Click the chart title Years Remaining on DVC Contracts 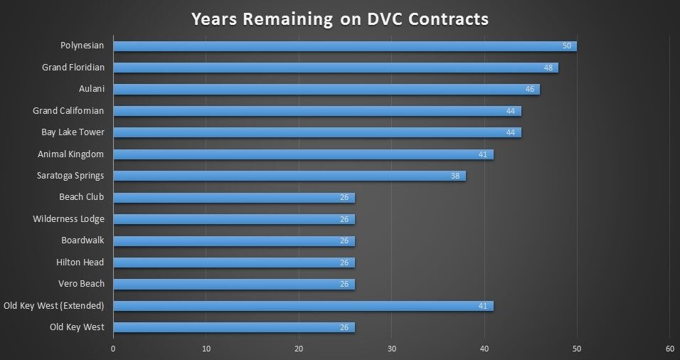click(339, 18)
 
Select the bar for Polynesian click(344, 46)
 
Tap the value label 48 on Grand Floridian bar click(548, 68)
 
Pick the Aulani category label click(91, 89)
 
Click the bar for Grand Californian click(317, 111)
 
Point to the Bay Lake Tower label click(73, 132)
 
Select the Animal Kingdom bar click(302, 154)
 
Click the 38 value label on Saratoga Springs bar click(455, 176)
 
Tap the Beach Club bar click(233, 198)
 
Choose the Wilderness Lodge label click(68, 219)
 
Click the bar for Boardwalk click(233, 240)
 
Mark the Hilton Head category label click(80, 263)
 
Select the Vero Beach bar click(233, 284)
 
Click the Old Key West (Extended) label click(53, 306)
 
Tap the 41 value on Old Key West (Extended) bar click(483, 306)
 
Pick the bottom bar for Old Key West click(233, 327)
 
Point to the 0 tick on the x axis click(113, 349)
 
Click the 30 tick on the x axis click(392, 349)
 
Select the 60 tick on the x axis click(669, 349)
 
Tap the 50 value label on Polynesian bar click(567, 46)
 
